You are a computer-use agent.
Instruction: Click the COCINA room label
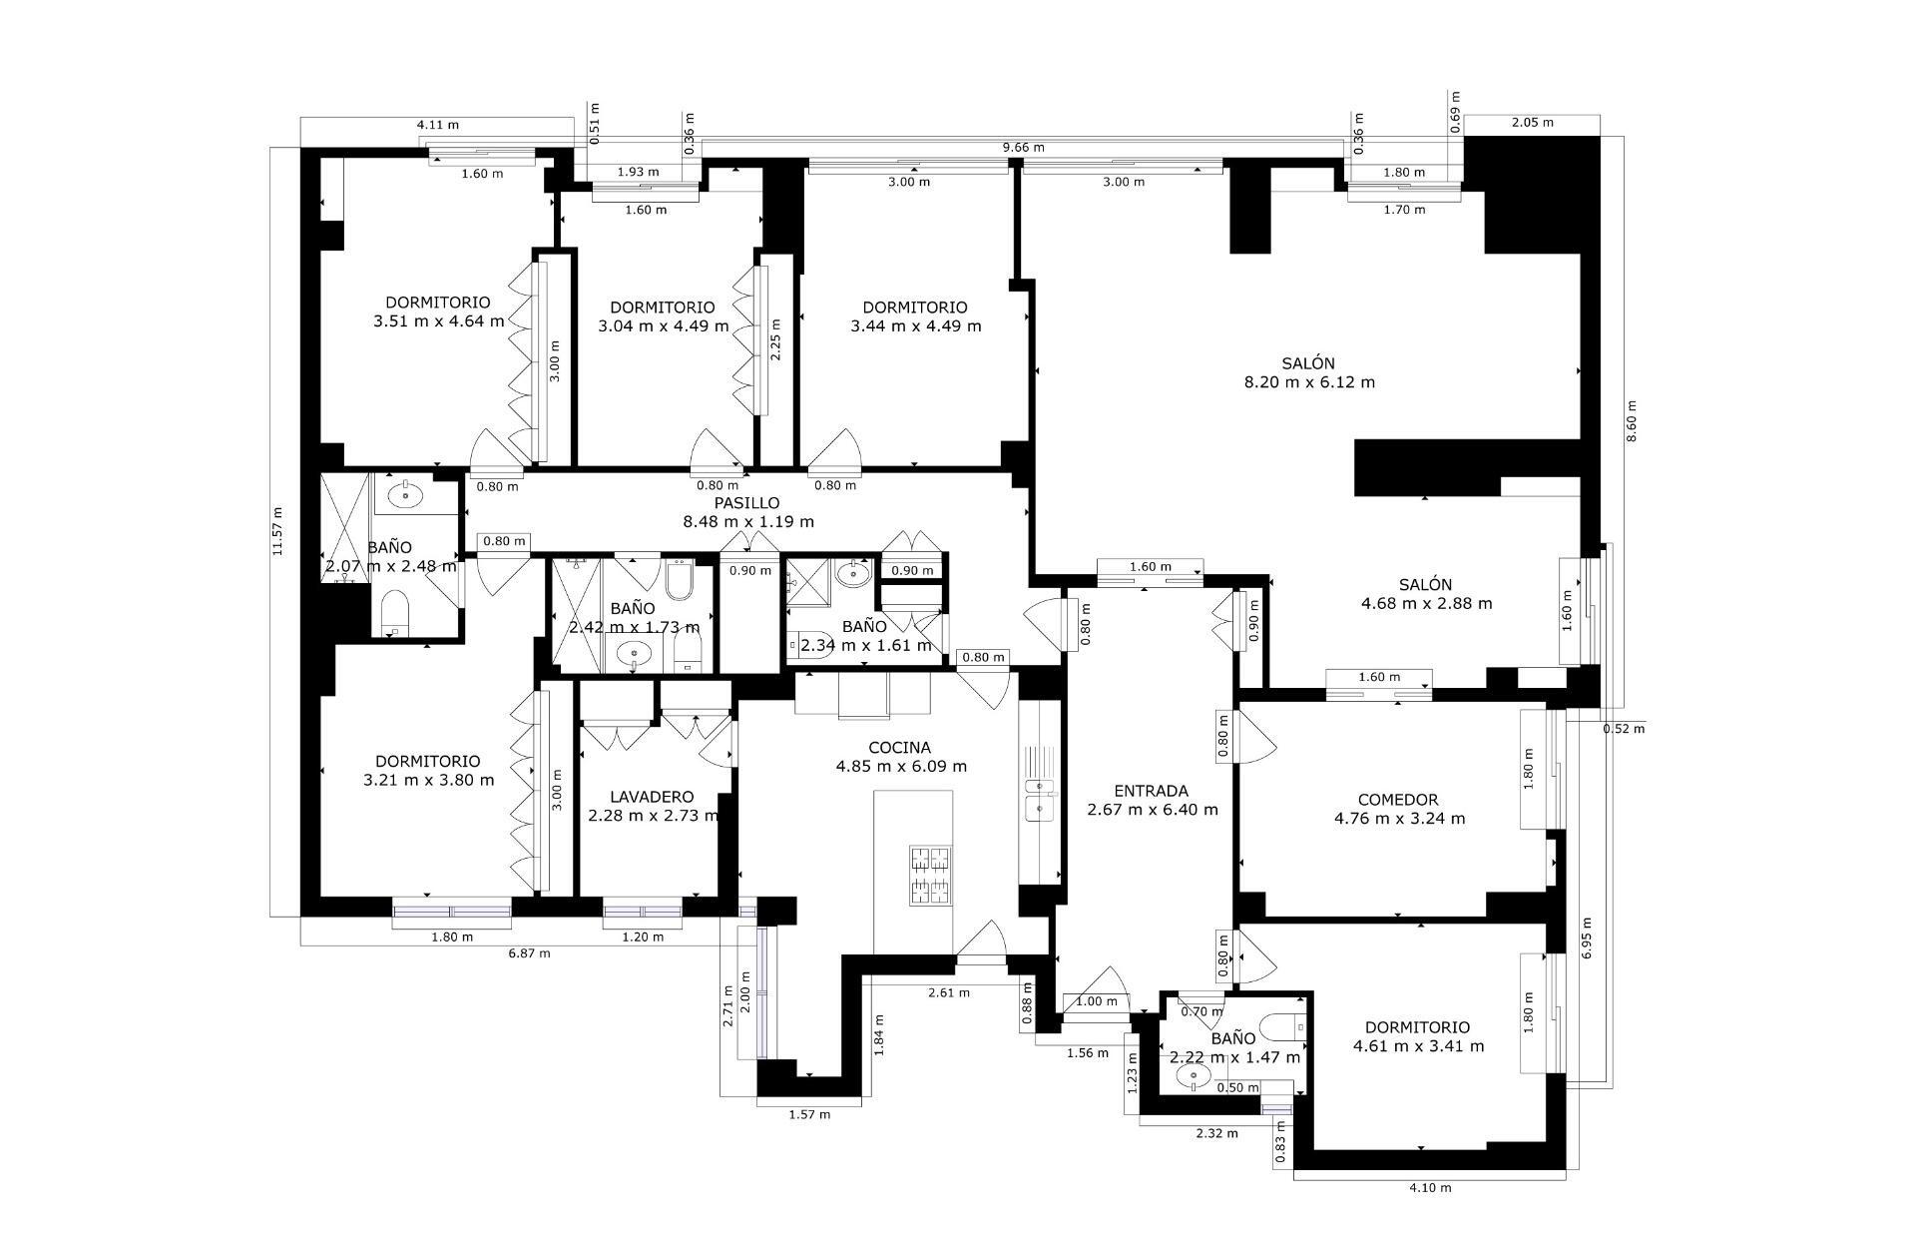[899, 748]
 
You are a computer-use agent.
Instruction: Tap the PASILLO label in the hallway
[746, 503]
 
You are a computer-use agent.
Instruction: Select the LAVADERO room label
[652, 797]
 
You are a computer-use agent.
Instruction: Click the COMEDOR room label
[1398, 800]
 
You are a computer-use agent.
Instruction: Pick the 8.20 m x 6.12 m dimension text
[1309, 382]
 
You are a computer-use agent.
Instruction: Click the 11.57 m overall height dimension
[278, 531]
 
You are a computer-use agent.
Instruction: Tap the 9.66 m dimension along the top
[1024, 148]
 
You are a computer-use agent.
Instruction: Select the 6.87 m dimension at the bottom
[529, 953]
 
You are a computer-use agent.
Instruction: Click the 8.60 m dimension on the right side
[1632, 421]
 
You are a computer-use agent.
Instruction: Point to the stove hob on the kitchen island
[932, 876]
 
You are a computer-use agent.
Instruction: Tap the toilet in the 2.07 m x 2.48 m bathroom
[396, 612]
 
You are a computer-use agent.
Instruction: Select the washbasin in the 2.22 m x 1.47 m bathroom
[1194, 1076]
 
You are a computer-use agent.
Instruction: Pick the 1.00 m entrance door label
[1097, 1001]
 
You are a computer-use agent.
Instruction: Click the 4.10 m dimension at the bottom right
[1430, 1187]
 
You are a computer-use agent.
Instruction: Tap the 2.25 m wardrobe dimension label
[775, 338]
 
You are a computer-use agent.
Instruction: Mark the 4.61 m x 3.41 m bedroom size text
[1418, 1046]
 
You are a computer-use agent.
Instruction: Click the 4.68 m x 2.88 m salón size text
[1426, 603]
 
